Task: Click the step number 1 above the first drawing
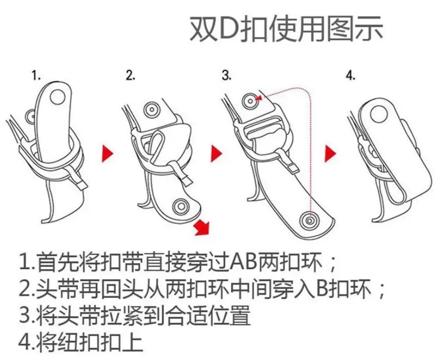[x=36, y=76]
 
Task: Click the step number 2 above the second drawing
[x=131, y=75]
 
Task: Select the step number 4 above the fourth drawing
[x=351, y=75]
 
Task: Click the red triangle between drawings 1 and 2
[x=107, y=154]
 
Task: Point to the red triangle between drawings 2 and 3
[x=216, y=154]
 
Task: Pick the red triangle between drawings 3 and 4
[x=330, y=154]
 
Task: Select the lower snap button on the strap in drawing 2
[x=181, y=207]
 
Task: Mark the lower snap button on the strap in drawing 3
[x=310, y=220]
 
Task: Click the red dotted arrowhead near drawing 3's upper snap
[x=258, y=98]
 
